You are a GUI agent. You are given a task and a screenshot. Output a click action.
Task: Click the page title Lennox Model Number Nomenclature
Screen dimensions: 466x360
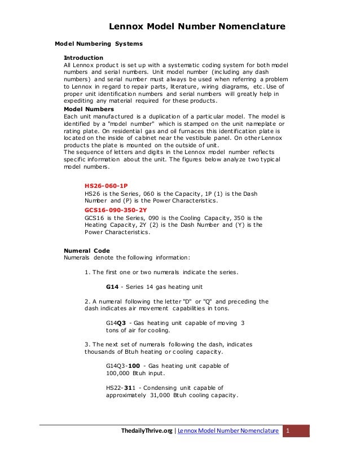[x=196, y=26]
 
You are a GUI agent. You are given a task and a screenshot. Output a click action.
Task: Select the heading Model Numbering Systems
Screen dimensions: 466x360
[x=98, y=43]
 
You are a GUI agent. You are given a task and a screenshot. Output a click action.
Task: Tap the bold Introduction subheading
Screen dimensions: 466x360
[x=83, y=58]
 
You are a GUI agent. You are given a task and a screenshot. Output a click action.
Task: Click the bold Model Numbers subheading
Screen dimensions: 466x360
[x=89, y=109]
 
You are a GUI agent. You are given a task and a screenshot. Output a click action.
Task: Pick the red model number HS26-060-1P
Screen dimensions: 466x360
[x=106, y=186]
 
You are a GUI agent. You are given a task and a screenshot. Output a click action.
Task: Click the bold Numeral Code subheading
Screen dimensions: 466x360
[x=87, y=250]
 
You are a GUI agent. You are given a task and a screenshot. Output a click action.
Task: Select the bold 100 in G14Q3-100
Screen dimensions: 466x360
[x=134, y=366]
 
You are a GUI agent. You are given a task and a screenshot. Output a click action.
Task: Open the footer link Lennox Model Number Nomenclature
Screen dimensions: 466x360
[x=228, y=431]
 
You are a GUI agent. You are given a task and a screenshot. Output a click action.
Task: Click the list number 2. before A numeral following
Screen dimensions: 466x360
[x=87, y=301]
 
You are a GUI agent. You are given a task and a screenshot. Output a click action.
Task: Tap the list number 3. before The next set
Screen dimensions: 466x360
[x=87, y=344]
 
